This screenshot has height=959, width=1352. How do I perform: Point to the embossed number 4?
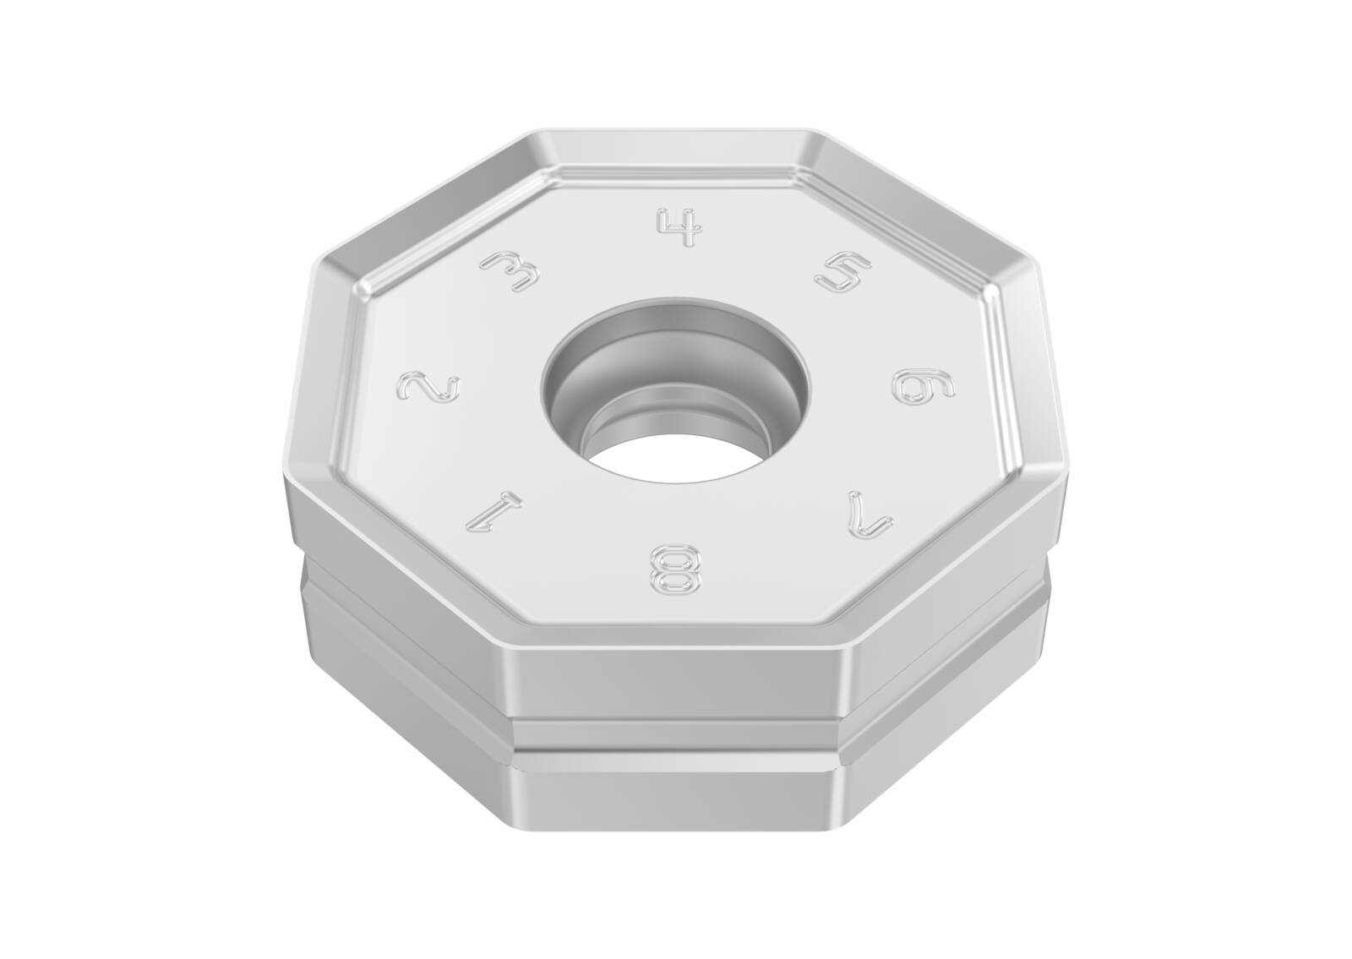pyautogui.click(x=679, y=227)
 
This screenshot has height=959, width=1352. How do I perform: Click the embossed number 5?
pyautogui.click(x=843, y=270)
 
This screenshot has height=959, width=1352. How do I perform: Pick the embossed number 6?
pyautogui.click(x=923, y=385)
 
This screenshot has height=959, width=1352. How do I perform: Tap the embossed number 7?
pyautogui.click(x=870, y=515)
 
